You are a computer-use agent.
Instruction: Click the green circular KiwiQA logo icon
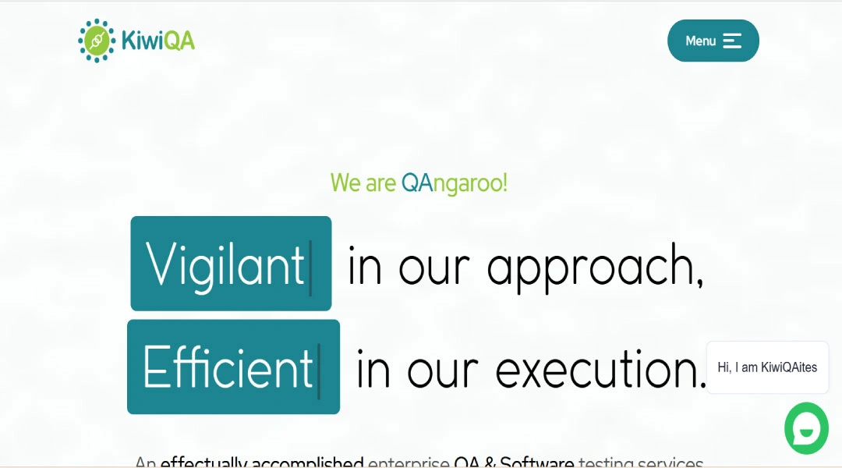point(97,41)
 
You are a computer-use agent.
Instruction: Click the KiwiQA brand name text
point(158,40)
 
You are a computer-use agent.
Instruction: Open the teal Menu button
point(713,41)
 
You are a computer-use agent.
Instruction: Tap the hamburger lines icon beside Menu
point(732,41)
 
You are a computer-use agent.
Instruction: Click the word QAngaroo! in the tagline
point(454,183)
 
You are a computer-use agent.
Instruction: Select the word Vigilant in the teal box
point(225,264)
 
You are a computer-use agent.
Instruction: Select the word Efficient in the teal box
point(228,367)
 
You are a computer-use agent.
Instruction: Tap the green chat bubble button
point(806,428)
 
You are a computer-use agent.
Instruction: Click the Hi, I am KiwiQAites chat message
point(767,367)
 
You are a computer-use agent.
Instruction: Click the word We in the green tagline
point(345,183)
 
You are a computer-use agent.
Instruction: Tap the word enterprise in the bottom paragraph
point(409,463)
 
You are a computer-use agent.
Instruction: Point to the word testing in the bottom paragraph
point(605,463)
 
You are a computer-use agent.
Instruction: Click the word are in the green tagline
point(381,183)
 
